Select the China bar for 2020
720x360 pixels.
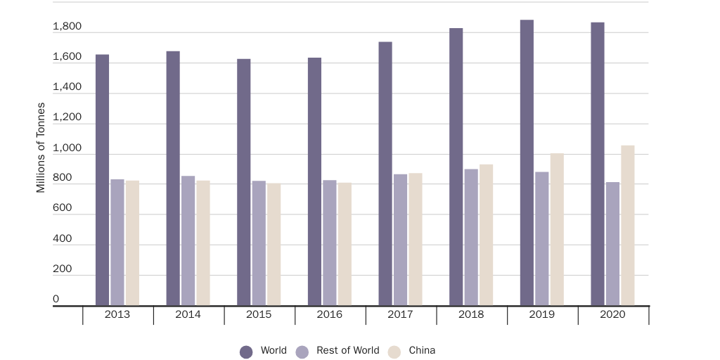(628, 226)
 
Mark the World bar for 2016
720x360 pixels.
(314, 182)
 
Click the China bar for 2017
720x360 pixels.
(415, 240)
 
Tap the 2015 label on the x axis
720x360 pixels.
(259, 314)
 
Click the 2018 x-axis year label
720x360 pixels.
(471, 314)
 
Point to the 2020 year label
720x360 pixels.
(612, 314)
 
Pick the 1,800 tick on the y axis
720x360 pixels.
(67, 27)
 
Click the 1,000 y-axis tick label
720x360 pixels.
(67, 148)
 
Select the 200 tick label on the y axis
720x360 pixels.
(62, 269)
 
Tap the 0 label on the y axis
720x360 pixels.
(56, 300)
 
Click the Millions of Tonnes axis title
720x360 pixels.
(41, 148)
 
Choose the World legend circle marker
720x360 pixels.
(246, 352)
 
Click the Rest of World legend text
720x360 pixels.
(347, 350)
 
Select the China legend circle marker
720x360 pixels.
(394, 352)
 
